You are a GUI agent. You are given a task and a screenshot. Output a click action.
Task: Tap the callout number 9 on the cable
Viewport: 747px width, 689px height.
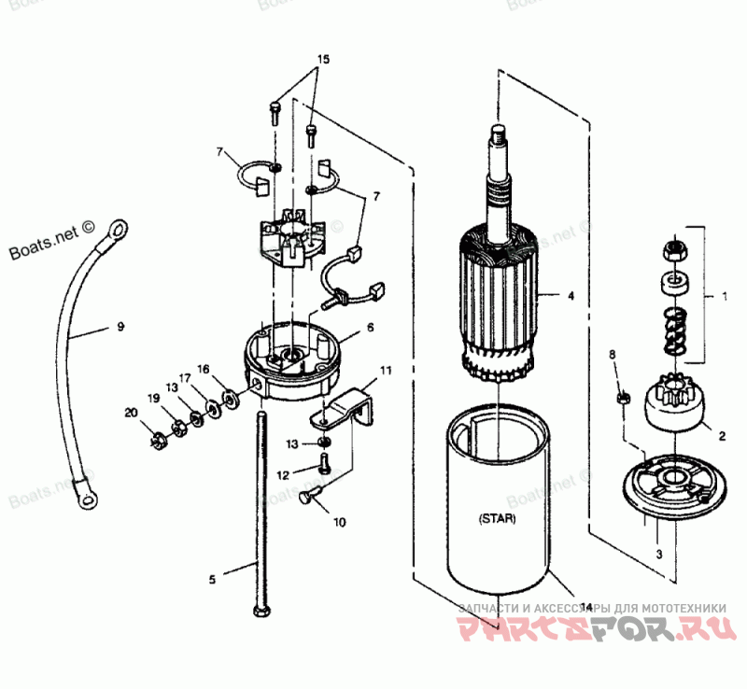[120, 327]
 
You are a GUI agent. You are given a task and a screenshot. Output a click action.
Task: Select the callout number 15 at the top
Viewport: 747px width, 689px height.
[322, 59]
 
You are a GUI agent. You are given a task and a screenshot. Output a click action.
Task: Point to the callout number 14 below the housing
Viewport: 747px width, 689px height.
[585, 607]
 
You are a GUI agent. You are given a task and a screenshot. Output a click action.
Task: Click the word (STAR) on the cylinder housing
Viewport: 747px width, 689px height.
[496, 516]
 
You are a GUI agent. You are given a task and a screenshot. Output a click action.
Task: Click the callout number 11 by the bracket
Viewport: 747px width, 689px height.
[386, 371]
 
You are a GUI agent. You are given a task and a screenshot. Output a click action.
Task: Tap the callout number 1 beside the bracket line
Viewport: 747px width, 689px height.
[724, 298]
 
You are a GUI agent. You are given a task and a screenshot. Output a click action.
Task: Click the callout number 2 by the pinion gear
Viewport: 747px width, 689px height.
[721, 435]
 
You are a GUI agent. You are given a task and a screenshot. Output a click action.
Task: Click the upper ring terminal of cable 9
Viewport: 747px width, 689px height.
[118, 227]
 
